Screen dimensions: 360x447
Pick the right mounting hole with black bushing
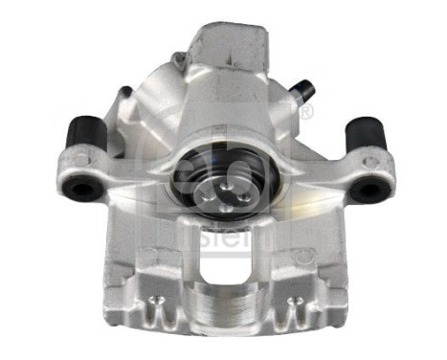point(367,188)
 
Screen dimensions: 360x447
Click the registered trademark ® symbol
point(306,115)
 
